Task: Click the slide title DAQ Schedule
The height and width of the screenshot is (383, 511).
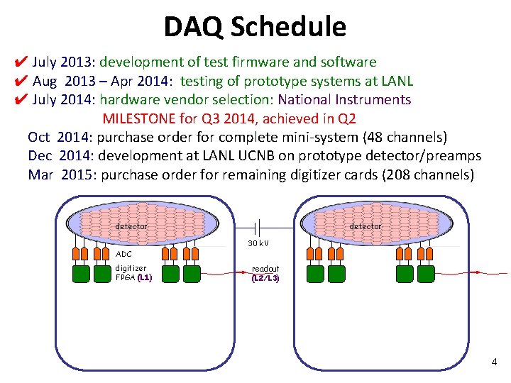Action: tap(255, 27)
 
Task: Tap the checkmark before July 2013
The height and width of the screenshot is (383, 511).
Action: tap(21, 62)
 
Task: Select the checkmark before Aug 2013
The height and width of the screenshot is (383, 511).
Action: tap(21, 81)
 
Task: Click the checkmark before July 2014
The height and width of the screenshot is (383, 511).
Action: tap(21, 99)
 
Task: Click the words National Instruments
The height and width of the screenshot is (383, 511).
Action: tap(344, 99)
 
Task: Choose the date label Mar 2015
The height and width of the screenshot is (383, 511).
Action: tap(59, 174)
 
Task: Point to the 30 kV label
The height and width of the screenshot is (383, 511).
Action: tap(258, 243)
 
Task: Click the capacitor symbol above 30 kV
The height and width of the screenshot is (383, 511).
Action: tap(258, 227)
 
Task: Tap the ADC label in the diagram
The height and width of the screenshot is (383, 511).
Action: tap(123, 253)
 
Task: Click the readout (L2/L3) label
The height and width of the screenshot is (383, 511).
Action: tap(265, 274)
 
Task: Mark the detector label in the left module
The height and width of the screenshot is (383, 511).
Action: tap(131, 226)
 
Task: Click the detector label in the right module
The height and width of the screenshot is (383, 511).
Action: tap(366, 226)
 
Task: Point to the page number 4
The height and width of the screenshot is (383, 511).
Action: tap(494, 363)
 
